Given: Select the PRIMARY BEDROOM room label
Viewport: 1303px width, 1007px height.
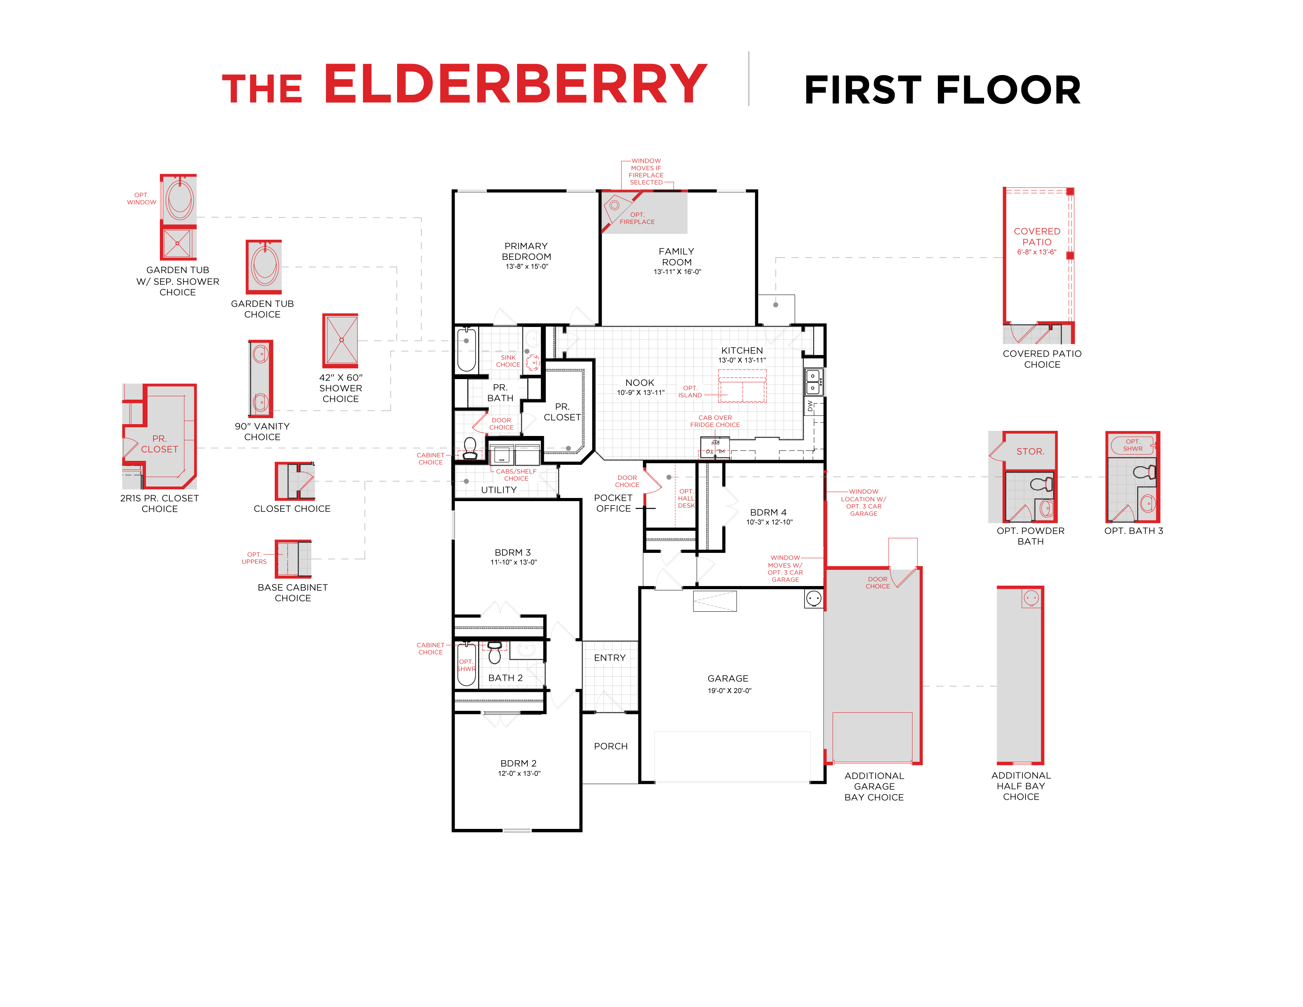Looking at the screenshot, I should tap(526, 251).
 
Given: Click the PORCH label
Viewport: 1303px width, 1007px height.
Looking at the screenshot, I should tap(610, 746).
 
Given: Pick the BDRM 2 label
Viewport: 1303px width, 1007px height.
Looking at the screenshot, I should tap(518, 763).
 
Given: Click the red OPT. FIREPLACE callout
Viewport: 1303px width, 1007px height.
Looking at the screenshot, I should tap(637, 218).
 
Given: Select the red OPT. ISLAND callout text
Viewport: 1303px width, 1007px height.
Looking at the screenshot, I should tap(690, 392).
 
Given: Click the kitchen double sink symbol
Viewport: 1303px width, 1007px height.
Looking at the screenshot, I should tap(813, 382).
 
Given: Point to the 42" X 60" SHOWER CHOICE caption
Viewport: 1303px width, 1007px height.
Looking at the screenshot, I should tap(340, 388).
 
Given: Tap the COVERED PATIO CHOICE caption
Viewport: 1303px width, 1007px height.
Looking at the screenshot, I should tap(1042, 359).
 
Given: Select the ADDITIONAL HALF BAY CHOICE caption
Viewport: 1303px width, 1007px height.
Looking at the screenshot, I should tap(1020, 786).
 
